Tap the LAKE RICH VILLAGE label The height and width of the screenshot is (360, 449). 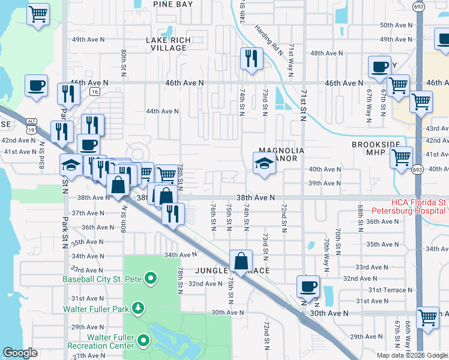pos(169,44)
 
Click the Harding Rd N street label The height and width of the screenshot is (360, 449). pos(268,40)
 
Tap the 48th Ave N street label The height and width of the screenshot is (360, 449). pos(326,53)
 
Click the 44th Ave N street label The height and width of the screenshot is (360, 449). pos(163,111)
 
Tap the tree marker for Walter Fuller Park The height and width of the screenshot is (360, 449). pos(139,308)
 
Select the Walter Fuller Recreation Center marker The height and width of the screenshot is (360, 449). pos(143,341)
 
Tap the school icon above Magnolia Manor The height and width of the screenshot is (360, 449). pos(264,163)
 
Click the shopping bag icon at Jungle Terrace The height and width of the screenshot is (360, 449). pos(241,260)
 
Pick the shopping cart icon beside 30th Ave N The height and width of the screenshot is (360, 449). pos(427,317)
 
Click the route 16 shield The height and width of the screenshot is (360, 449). pos(95,92)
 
